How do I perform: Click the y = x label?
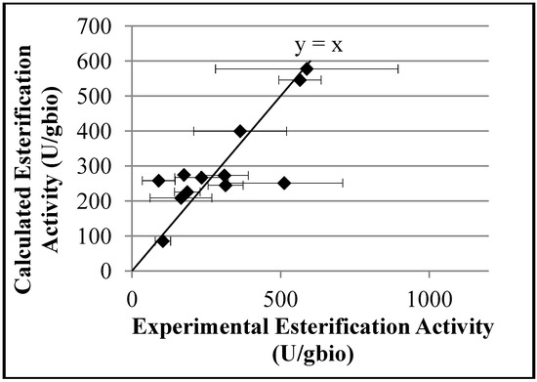point(318,44)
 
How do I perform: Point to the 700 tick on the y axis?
point(110,24)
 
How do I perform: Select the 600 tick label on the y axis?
point(110,60)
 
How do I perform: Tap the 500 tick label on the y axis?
point(110,95)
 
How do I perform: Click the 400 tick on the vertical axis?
point(110,130)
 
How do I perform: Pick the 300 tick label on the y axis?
point(110,165)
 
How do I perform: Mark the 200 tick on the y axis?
point(110,200)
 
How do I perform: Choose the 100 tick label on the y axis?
point(110,235)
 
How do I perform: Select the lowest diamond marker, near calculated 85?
point(163,240)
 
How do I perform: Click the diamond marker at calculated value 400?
point(240,130)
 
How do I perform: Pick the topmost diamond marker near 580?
point(307,68)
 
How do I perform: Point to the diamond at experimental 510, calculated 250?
point(284,183)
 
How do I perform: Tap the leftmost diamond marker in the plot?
point(158,181)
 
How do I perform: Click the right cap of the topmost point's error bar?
point(398,68)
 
